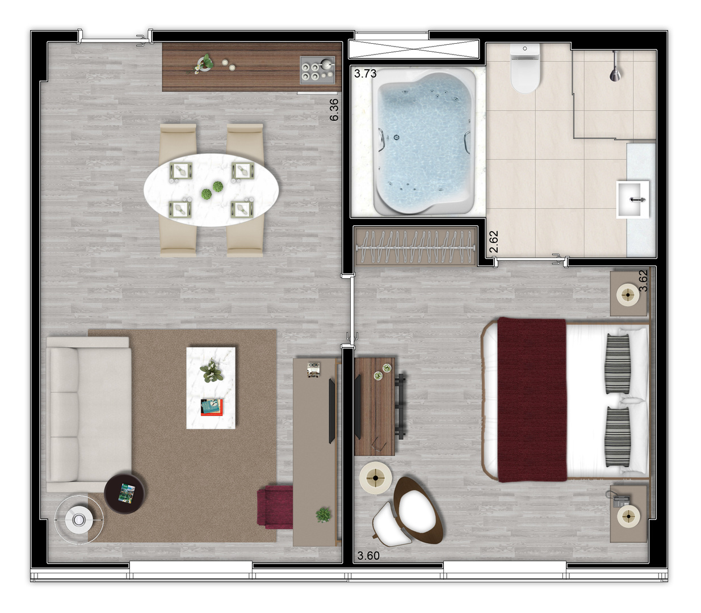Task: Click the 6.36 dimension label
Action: (x=334, y=110)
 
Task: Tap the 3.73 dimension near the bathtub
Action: (x=365, y=73)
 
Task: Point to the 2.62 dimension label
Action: (x=494, y=241)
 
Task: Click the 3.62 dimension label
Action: (x=644, y=280)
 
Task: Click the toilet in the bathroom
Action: (x=525, y=68)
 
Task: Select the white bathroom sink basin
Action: (x=632, y=199)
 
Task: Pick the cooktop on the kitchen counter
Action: (x=317, y=70)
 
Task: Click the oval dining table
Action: (x=211, y=190)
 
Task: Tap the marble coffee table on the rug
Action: (x=211, y=388)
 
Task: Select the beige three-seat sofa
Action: (x=89, y=414)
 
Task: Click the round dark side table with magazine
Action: (x=124, y=493)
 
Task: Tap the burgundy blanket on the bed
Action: (x=532, y=400)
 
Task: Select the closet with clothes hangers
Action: (x=415, y=246)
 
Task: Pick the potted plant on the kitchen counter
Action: (x=204, y=64)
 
